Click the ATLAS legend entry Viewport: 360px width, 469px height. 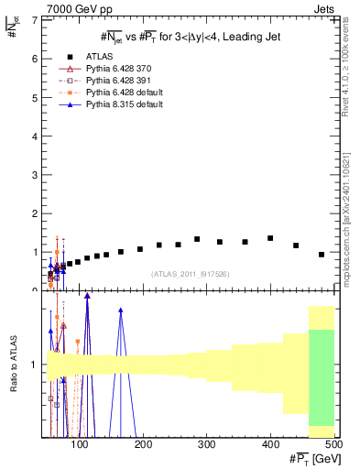click(x=100, y=57)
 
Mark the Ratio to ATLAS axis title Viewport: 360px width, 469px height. click(x=14, y=365)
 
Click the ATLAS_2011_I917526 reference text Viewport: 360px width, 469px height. click(x=190, y=273)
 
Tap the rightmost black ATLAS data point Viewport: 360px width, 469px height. click(x=322, y=255)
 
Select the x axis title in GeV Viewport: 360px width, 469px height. click(x=309, y=459)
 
